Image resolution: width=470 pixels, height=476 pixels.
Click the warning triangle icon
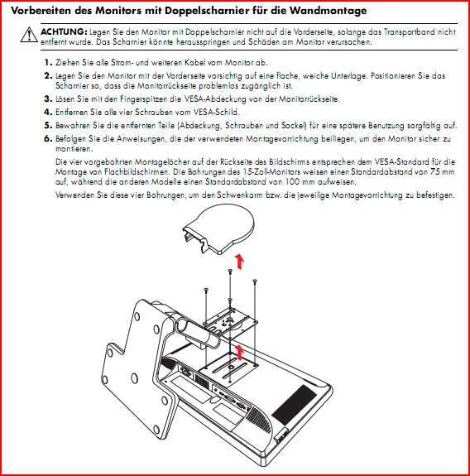[29, 35]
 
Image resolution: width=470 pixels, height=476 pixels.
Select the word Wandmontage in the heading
[328, 11]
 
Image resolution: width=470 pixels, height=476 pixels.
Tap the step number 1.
[48, 63]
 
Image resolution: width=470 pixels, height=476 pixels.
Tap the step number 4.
[48, 112]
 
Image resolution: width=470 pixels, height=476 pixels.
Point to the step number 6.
[48, 139]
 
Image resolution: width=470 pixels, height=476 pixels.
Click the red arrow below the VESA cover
[239, 262]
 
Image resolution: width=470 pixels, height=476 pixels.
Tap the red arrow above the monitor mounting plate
[240, 352]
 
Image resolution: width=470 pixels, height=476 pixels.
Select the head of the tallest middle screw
[230, 271]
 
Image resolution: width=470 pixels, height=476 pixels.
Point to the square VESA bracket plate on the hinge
[230, 321]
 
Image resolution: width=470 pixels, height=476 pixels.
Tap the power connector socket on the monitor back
[185, 371]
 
